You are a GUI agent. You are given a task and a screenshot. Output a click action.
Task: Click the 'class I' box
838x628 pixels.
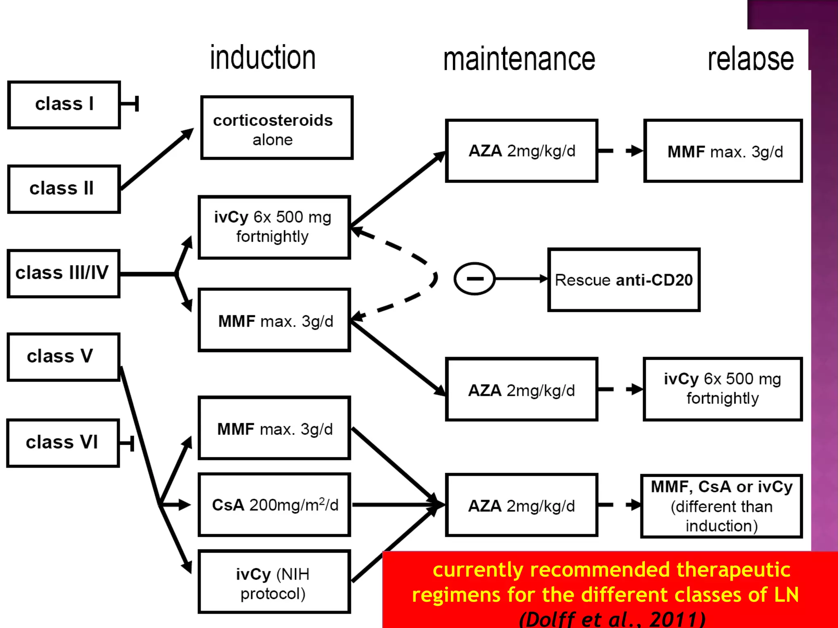[64, 105]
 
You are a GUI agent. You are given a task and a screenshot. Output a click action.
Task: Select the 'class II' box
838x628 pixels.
[64, 189]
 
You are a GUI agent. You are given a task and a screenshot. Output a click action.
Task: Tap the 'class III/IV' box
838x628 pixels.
[63, 273]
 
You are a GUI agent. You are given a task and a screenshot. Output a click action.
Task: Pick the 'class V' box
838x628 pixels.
[63, 357]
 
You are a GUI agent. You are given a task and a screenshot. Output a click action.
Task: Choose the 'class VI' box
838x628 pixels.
[63, 443]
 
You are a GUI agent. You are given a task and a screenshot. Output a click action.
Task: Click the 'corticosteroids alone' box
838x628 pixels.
[277, 128]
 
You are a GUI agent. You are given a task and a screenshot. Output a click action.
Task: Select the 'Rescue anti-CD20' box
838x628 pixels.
[624, 280]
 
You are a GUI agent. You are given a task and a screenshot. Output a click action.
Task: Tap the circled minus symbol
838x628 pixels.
[475, 279]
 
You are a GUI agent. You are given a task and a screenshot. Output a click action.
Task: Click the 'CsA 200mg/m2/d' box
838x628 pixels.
[274, 505]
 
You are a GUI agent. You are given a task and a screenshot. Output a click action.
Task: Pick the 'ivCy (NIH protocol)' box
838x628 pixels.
[274, 581]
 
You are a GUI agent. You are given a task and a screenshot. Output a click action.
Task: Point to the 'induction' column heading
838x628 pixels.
[263, 58]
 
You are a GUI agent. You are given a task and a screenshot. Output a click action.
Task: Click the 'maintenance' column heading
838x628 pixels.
[519, 60]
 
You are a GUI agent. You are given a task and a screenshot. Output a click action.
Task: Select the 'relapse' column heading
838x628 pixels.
[750, 60]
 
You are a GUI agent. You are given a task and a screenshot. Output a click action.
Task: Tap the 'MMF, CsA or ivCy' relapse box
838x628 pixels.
[721, 506]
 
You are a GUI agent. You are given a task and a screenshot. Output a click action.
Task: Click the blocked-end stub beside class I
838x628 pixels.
[130, 104]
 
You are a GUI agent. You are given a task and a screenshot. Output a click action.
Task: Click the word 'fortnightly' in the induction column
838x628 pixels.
[273, 237]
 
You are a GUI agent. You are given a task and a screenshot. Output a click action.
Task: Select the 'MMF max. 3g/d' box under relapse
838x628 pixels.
[723, 151]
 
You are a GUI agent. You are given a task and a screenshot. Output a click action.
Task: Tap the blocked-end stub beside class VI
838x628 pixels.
[127, 444]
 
